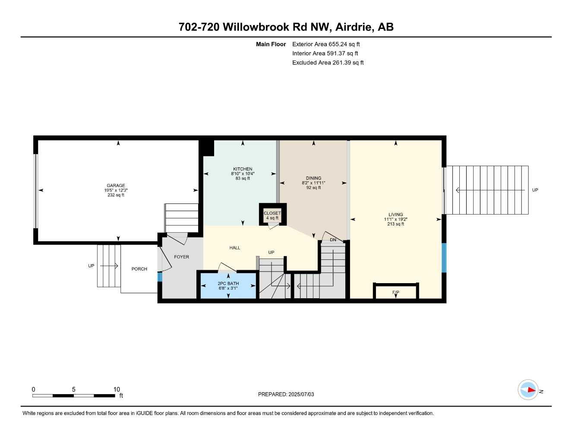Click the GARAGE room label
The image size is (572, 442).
[116, 186]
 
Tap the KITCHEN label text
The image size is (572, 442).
[243, 169]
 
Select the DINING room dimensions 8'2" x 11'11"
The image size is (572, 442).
[313, 183]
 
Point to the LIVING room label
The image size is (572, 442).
[395, 215]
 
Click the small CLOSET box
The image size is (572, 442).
[272, 215]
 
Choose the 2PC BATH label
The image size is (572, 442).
[228, 284]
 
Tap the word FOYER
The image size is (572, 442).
[181, 257]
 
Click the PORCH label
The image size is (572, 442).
[139, 269]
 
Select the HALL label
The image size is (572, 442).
[235, 248]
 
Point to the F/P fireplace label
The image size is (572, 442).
[395, 293]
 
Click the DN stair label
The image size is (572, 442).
[333, 240]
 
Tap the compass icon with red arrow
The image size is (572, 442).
[528, 390]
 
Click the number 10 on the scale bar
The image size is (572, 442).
[117, 389]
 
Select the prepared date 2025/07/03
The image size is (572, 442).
[286, 394]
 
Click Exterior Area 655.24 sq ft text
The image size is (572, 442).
[326, 44]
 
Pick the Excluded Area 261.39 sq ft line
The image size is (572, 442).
[328, 63]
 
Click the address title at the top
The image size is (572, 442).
[286, 27]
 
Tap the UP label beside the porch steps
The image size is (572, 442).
[91, 266]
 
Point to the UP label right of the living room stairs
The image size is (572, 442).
[535, 190]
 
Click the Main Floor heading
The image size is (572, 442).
[271, 44]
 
